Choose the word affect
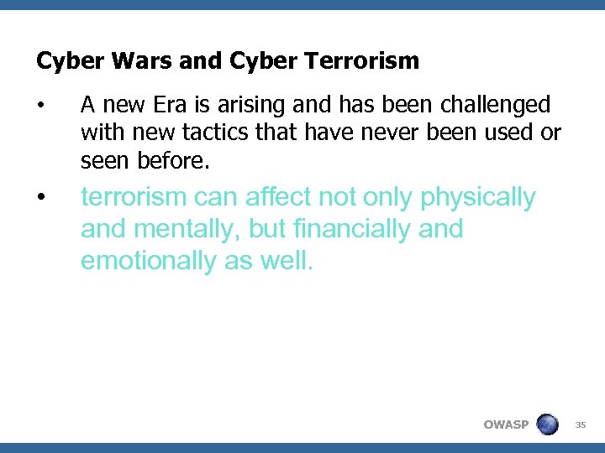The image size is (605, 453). (x=279, y=197)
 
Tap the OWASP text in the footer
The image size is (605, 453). (x=506, y=424)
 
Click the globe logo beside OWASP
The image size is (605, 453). (x=547, y=424)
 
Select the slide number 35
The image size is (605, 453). (x=580, y=424)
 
